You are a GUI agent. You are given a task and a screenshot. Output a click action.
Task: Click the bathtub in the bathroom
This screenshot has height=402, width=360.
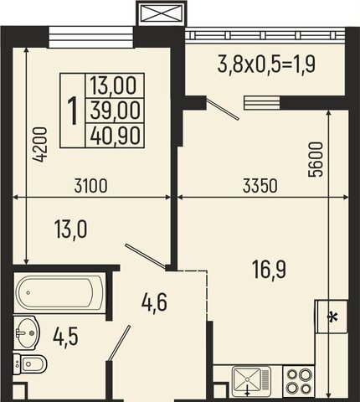(x=59, y=292)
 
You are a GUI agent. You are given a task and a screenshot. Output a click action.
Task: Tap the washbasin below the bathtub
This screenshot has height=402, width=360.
(x=26, y=332)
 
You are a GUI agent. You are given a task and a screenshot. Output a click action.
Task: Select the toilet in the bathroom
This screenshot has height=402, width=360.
(x=30, y=364)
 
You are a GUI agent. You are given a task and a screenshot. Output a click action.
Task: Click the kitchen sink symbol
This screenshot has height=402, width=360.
(x=251, y=381)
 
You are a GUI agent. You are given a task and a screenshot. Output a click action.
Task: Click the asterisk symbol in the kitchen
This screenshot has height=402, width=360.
(x=332, y=318)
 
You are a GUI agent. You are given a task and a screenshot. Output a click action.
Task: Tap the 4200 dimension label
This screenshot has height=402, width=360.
(x=39, y=145)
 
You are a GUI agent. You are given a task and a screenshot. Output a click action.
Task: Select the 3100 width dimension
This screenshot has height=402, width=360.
(x=90, y=186)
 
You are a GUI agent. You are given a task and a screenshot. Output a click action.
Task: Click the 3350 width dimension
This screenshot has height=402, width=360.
(x=260, y=186)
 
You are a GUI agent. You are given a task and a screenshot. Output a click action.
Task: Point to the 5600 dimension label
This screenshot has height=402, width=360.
(x=316, y=159)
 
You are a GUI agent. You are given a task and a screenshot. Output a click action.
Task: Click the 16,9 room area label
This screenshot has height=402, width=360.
(x=269, y=269)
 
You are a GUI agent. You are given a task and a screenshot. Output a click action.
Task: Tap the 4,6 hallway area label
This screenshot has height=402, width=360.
(x=154, y=302)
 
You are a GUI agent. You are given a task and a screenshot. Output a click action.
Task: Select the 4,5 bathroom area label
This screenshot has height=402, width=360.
(x=65, y=337)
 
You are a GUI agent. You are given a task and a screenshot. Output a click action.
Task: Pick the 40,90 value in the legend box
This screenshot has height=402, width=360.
(x=115, y=136)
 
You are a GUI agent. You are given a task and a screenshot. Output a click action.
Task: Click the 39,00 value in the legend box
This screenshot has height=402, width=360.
(x=115, y=111)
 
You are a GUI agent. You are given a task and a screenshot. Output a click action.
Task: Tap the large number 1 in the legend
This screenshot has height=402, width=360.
(x=73, y=111)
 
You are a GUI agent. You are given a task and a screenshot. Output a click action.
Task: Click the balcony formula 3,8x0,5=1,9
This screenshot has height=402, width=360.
(x=266, y=64)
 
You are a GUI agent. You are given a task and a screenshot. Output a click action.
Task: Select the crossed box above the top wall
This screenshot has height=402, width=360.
(x=161, y=13)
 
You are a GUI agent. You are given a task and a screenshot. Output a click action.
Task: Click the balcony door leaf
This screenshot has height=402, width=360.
(x=223, y=108)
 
